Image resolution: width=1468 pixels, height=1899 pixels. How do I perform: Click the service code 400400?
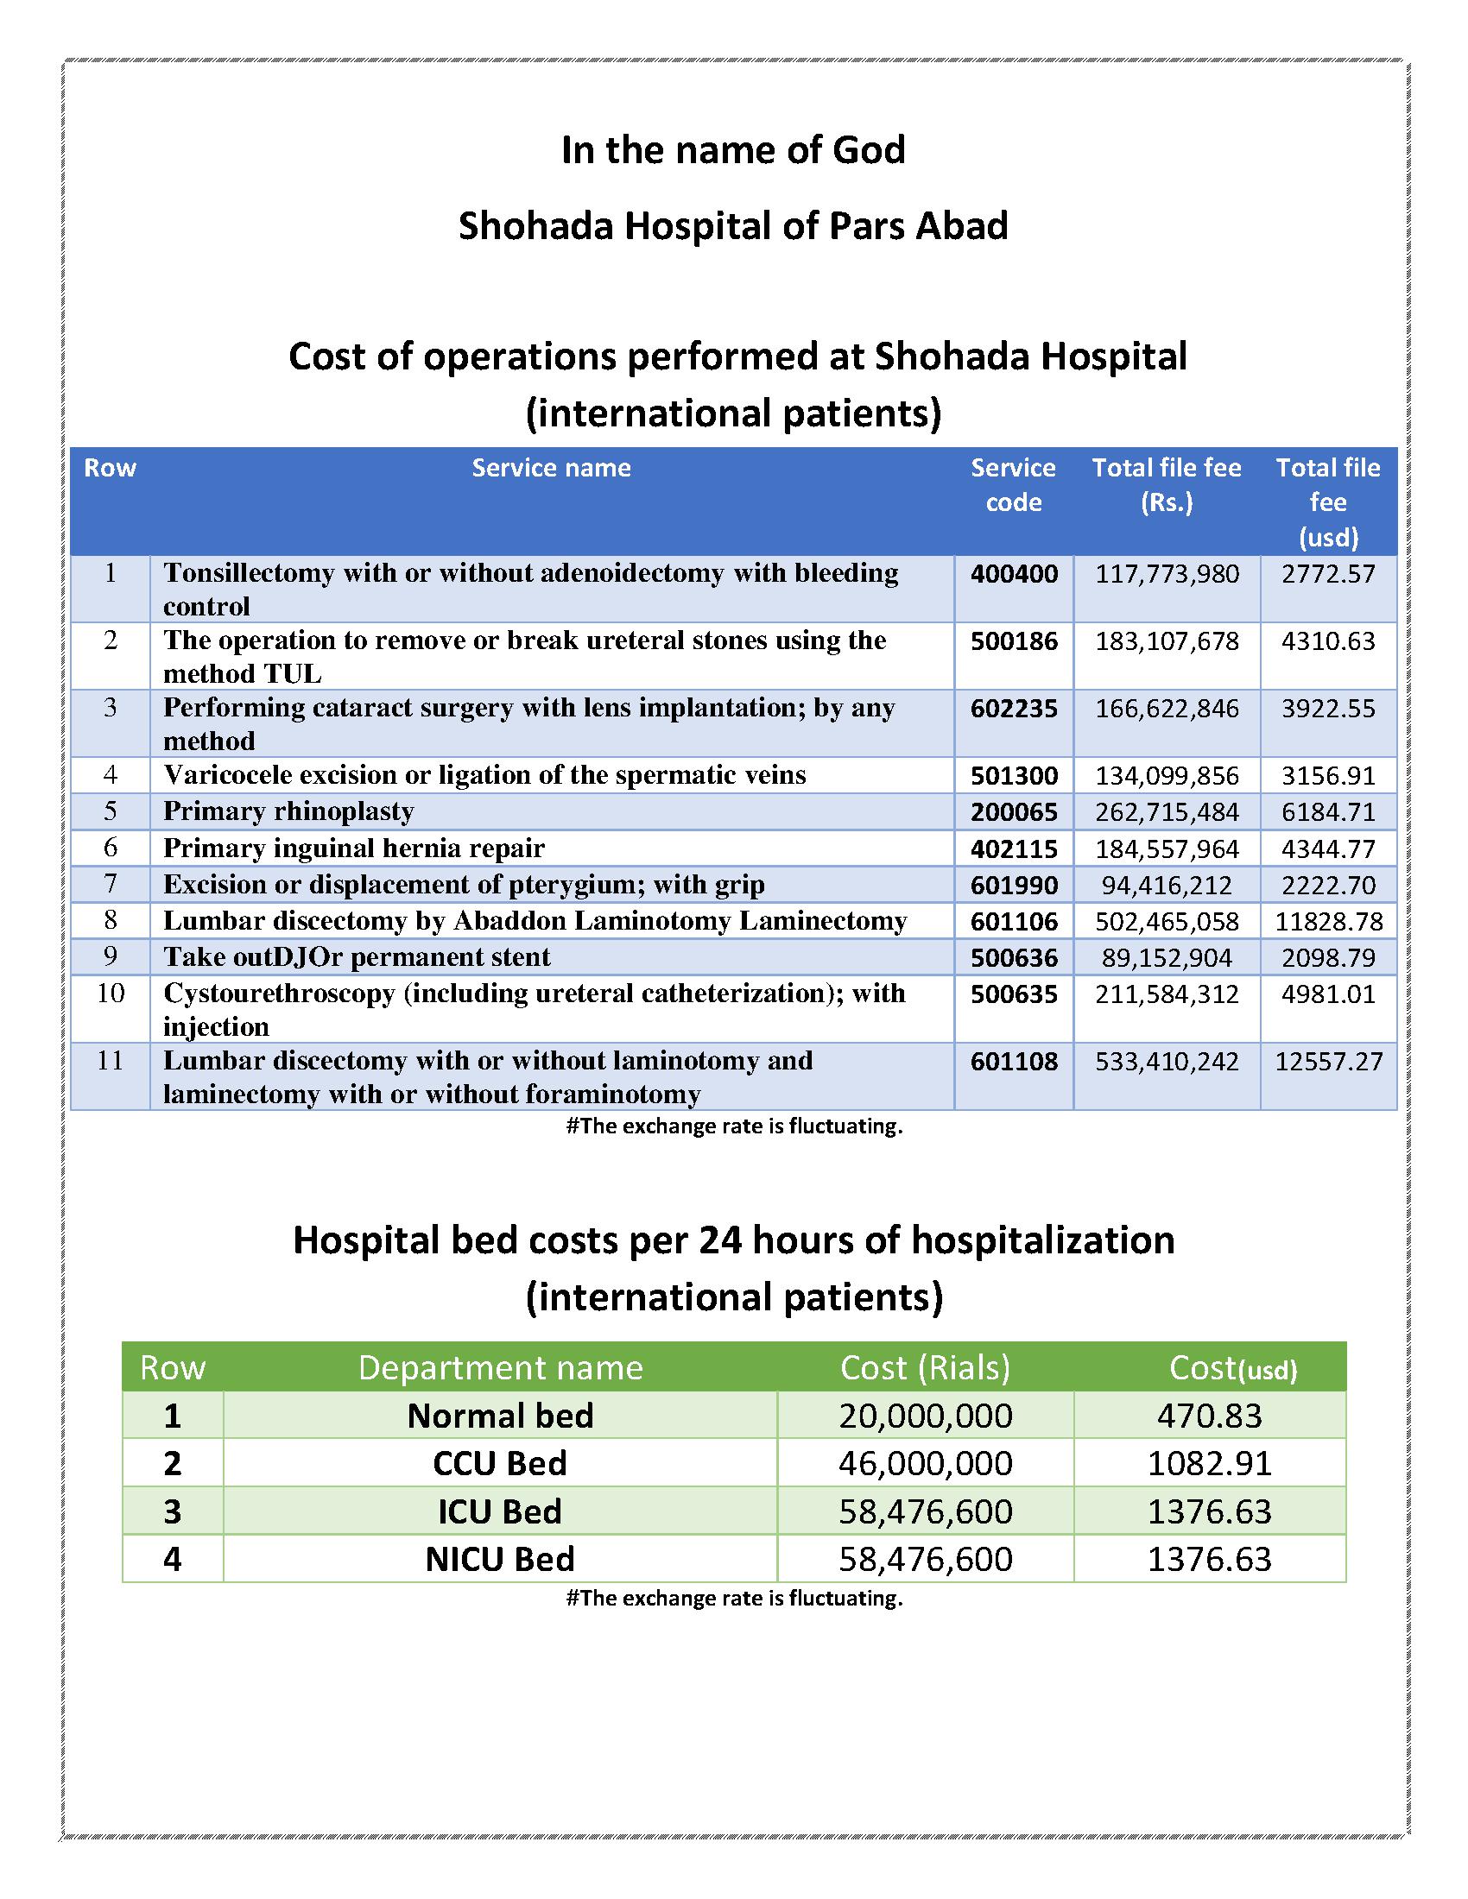click(x=1014, y=575)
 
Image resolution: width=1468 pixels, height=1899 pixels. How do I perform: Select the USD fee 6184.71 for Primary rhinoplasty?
click(x=1328, y=812)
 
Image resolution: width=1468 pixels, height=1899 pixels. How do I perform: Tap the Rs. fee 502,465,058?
click(x=1167, y=922)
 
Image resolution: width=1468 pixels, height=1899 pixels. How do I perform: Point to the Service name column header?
click(x=551, y=468)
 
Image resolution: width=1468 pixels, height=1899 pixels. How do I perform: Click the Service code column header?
click(x=1013, y=485)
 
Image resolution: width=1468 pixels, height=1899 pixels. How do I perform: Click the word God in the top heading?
click(x=869, y=149)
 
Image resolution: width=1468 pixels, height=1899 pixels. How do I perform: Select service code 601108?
click(x=1014, y=1062)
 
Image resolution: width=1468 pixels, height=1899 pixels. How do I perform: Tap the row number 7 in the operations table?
click(x=111, y=884)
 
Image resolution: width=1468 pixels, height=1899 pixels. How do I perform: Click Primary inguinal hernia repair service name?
click(x=354, y=848)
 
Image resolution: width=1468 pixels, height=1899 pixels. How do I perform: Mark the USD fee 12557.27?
click(x=1328, y=1062)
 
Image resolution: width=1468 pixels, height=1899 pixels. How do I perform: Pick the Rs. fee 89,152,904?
click(x=1167, y=958)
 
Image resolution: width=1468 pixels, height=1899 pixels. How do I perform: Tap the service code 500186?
click(x=1014, y=641)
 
